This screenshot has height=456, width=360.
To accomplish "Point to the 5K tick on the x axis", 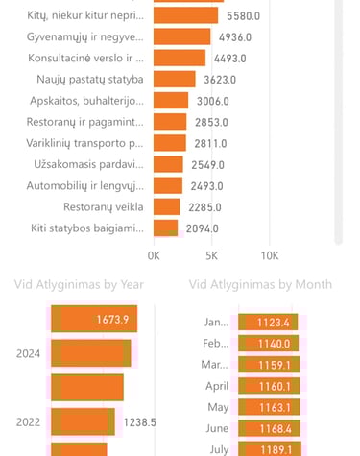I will (212, 256).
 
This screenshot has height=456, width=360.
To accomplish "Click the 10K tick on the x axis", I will (270, 256).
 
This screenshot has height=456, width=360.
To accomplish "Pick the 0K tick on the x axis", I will (154, 256).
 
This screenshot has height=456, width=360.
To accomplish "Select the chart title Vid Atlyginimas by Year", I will (79, 284).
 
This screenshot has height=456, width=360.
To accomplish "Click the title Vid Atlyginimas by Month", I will (261, 284).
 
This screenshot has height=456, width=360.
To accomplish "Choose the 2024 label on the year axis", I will (28, 353).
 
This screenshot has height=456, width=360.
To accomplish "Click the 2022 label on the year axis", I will (28, 421).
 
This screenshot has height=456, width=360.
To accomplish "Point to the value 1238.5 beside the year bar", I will (140, 421).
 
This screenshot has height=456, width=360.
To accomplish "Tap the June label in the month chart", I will (217, 429).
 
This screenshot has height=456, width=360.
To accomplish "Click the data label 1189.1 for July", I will (284, 449).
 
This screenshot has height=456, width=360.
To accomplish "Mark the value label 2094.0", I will (202, 228).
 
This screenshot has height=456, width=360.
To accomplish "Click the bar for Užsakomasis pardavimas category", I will (169, 164).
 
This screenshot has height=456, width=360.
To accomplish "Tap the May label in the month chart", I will (219, 408).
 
